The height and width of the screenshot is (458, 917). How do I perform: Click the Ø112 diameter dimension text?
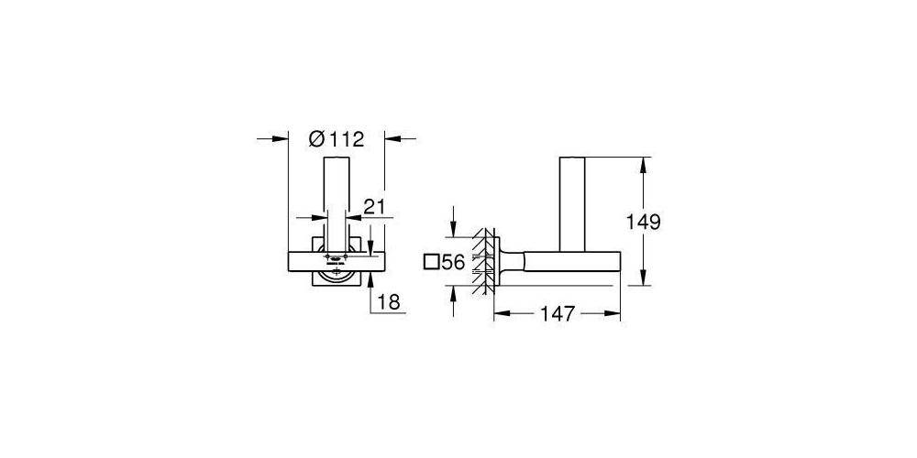tap(337, 139)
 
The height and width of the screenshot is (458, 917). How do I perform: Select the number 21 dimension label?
tap(373, 207)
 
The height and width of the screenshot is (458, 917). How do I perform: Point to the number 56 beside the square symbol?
tap(452, 262)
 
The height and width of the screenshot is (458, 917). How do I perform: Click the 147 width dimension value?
tap(557, 313)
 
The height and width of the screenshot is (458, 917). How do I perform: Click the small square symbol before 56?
tap(432, 262)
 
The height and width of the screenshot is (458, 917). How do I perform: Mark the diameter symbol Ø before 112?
tap(315, 139)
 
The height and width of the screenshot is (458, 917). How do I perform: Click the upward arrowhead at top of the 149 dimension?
tap(646, 165)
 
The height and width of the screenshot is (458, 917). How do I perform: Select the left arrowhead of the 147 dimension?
tap(501, 313)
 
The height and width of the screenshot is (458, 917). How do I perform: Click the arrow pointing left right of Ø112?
tap(392, 139)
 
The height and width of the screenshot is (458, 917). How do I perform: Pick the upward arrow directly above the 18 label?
tap(370, 278)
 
